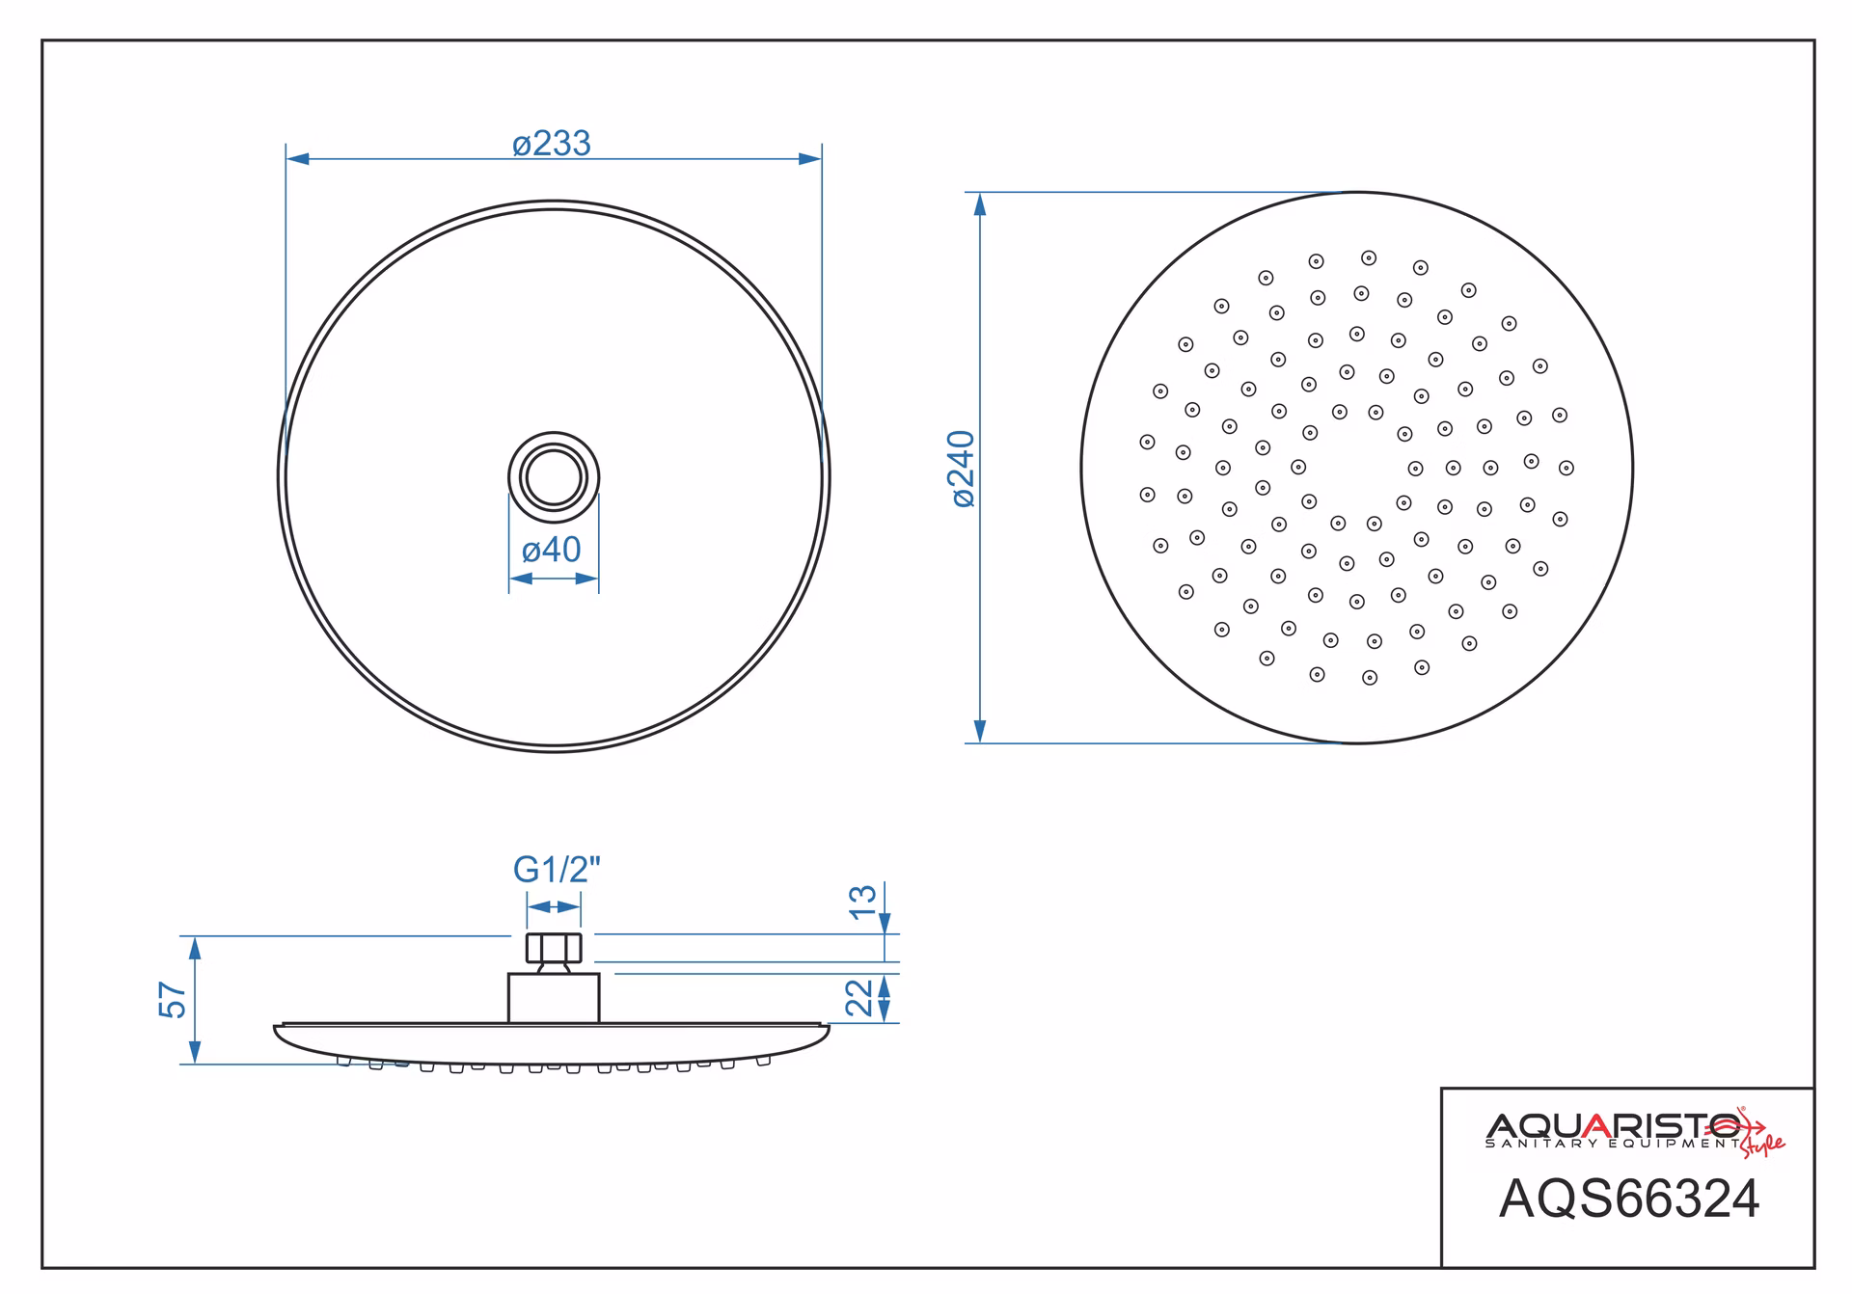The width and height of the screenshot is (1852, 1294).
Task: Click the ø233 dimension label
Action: pyautogui.click(x=551, y=144)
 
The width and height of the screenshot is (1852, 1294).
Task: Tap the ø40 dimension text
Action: pyautogui.click(x=551, y=550)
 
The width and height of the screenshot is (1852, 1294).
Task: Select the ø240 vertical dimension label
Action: pyautogui.click(x=964, y=469)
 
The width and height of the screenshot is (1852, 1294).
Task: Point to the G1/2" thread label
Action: pyautogui.click(x=557, y=870)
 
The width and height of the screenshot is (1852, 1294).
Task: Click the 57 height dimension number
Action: pyautogui.click(x=173, y=1000)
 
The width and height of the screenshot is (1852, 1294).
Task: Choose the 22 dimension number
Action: pyautogui.click(x=859, y=998)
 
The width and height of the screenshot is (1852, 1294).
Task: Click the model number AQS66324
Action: pyautogui.click(x=1629, y=1199)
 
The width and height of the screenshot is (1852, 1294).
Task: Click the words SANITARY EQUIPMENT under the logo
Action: pyautogui.click(x=1613, y=1144)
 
